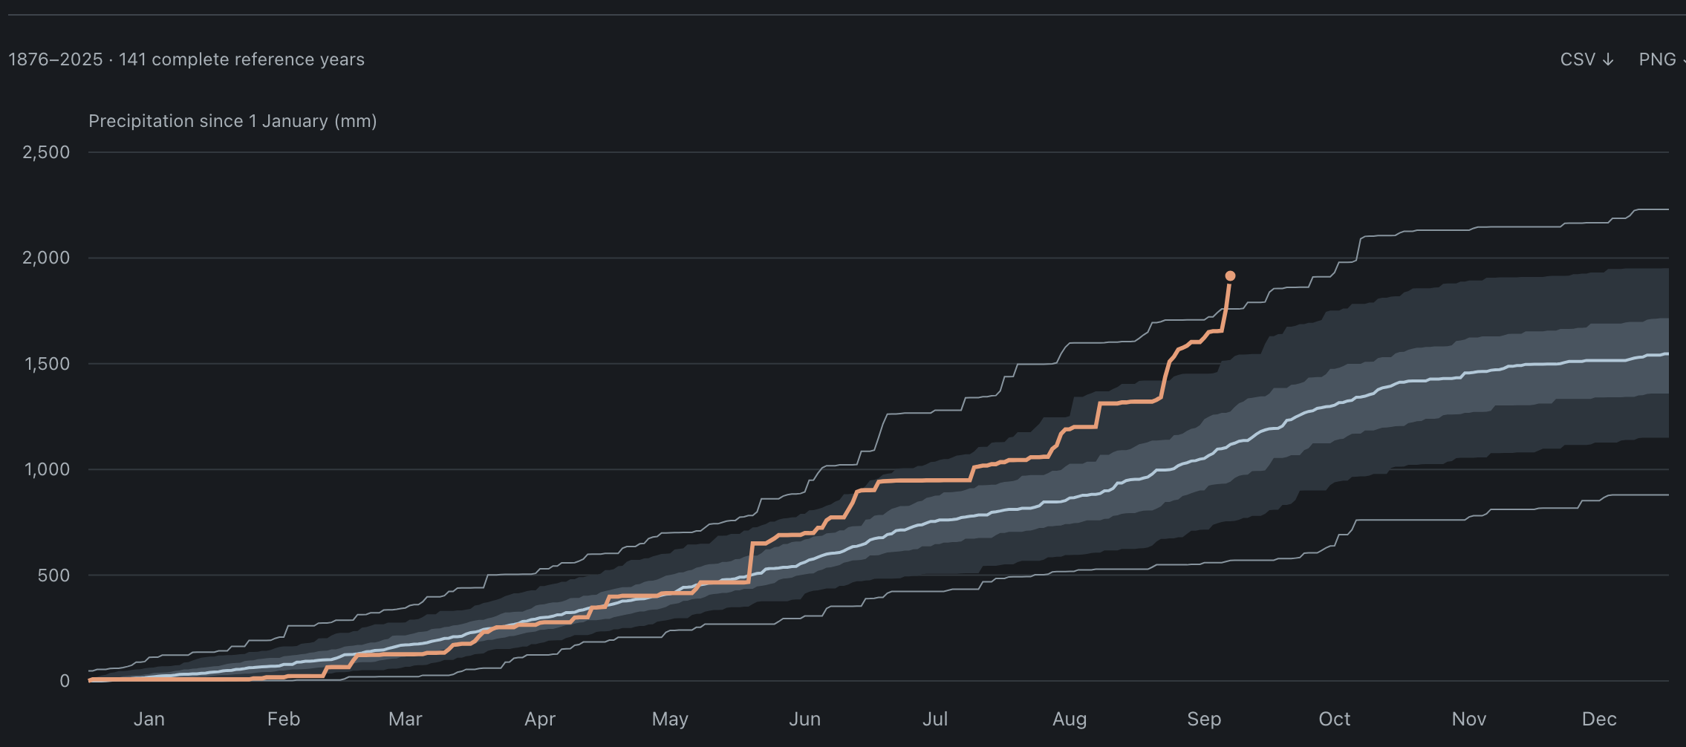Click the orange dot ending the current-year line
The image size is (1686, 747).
(x=1230, y=276)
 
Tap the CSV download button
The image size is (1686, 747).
(x=1587, y=59)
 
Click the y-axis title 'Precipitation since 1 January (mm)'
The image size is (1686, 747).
(x=232, y=121)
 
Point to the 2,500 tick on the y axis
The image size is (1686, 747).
(x=46, y=152)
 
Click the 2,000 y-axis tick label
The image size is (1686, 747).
(x=46, y=258)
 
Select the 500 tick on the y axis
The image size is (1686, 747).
(x=53, y=575)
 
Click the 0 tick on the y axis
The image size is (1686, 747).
(x=65, y=681)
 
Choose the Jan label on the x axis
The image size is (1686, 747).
(x=149, y=719)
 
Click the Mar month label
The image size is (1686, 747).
(x=406, y=719)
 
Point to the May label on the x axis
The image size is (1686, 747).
(x=670, y=720)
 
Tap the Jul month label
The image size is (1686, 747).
(x=935, y=719)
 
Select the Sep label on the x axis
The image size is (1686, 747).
(x=1204, y=720)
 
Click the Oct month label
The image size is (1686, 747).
(x=1335, y=719)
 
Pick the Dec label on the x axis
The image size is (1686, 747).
(x=1599, y=719)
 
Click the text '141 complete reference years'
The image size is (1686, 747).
(x=241, y=59)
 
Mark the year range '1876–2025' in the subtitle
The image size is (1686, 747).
(x=56, y=59)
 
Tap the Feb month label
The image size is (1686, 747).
(x=284, y=719)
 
